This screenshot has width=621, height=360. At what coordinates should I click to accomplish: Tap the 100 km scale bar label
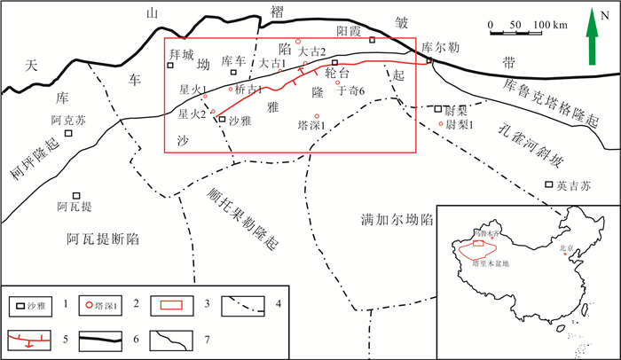[548, 24]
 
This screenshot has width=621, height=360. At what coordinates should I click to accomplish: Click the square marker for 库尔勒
[429, 60]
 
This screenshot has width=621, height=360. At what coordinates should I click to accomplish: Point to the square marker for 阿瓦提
[77, 196]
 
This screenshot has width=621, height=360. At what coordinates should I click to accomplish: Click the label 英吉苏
[572, 186]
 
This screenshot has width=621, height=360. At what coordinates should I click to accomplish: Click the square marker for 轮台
[334, 62]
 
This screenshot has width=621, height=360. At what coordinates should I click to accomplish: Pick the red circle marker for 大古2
[299, 41]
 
